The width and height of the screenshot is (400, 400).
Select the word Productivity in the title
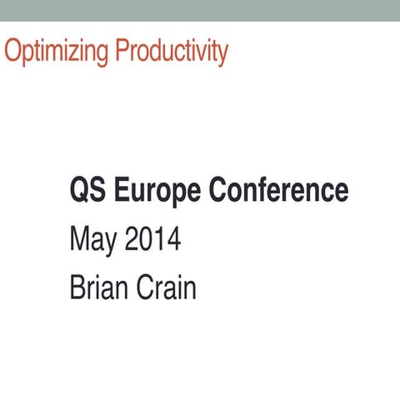point(172,51)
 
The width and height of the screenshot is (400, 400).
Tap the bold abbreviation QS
point(87,191)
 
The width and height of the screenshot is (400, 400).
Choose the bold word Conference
point(278,191)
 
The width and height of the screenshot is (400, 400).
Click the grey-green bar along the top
point(200,9)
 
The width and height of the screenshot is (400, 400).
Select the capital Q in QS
point(79,191)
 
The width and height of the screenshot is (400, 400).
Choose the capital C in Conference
point(217,191)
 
